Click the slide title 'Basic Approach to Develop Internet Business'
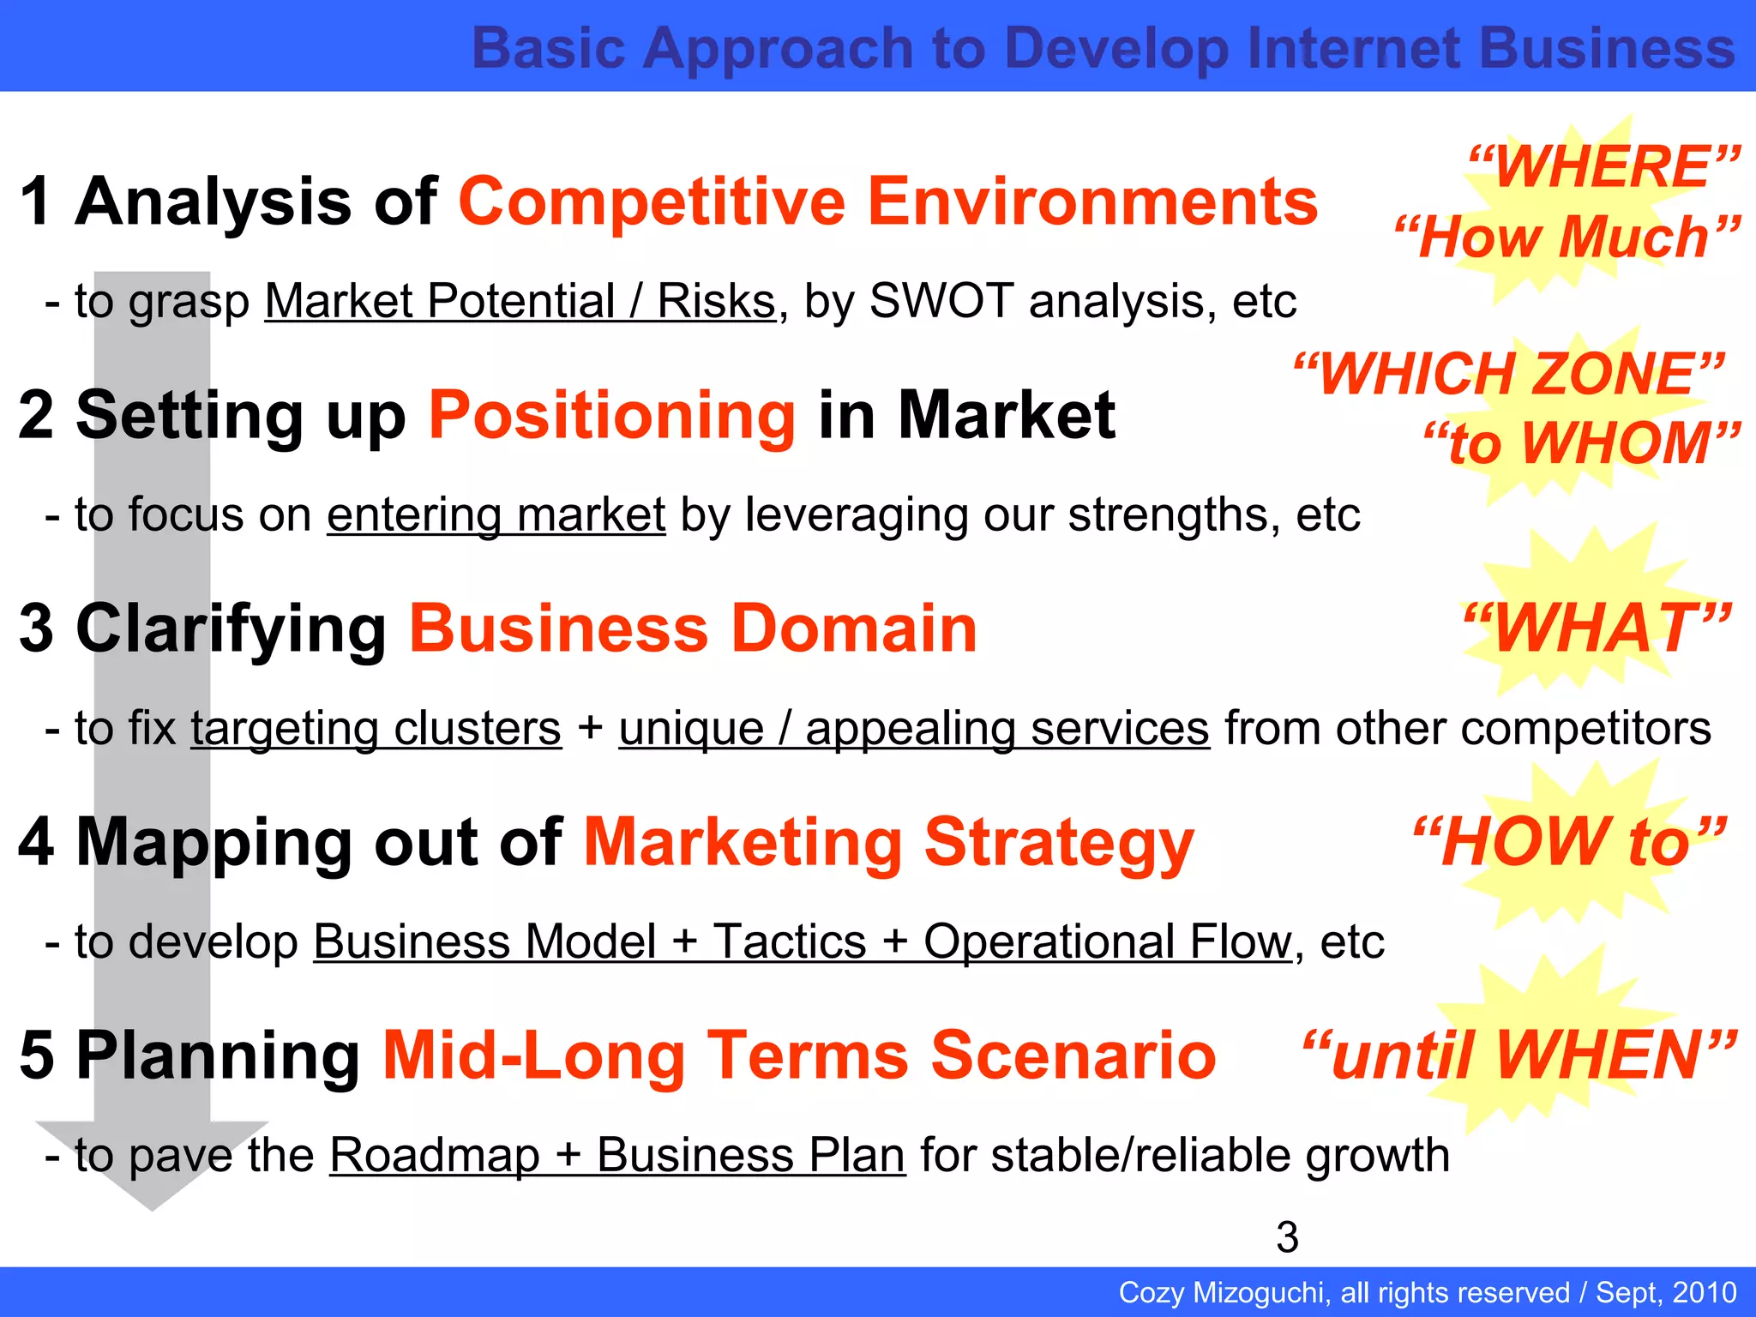click(1103, 48)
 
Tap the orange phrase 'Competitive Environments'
click(887, 201)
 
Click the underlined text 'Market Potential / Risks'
click(520, 302)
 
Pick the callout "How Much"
click(1567, 237)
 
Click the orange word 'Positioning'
click(612, 415)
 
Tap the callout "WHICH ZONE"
click(1509, 374)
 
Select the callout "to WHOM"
click(1582, 444)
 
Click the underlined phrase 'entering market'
click(496, 515)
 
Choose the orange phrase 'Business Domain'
click(693, 628)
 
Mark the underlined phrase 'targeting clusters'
click(376, 729)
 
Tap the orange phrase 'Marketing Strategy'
click(888, 842)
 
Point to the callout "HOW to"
click(1569, 842)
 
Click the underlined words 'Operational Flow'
click(1106, 942)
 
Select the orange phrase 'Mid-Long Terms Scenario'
click(799, 1055)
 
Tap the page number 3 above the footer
click(1287, 1237)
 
